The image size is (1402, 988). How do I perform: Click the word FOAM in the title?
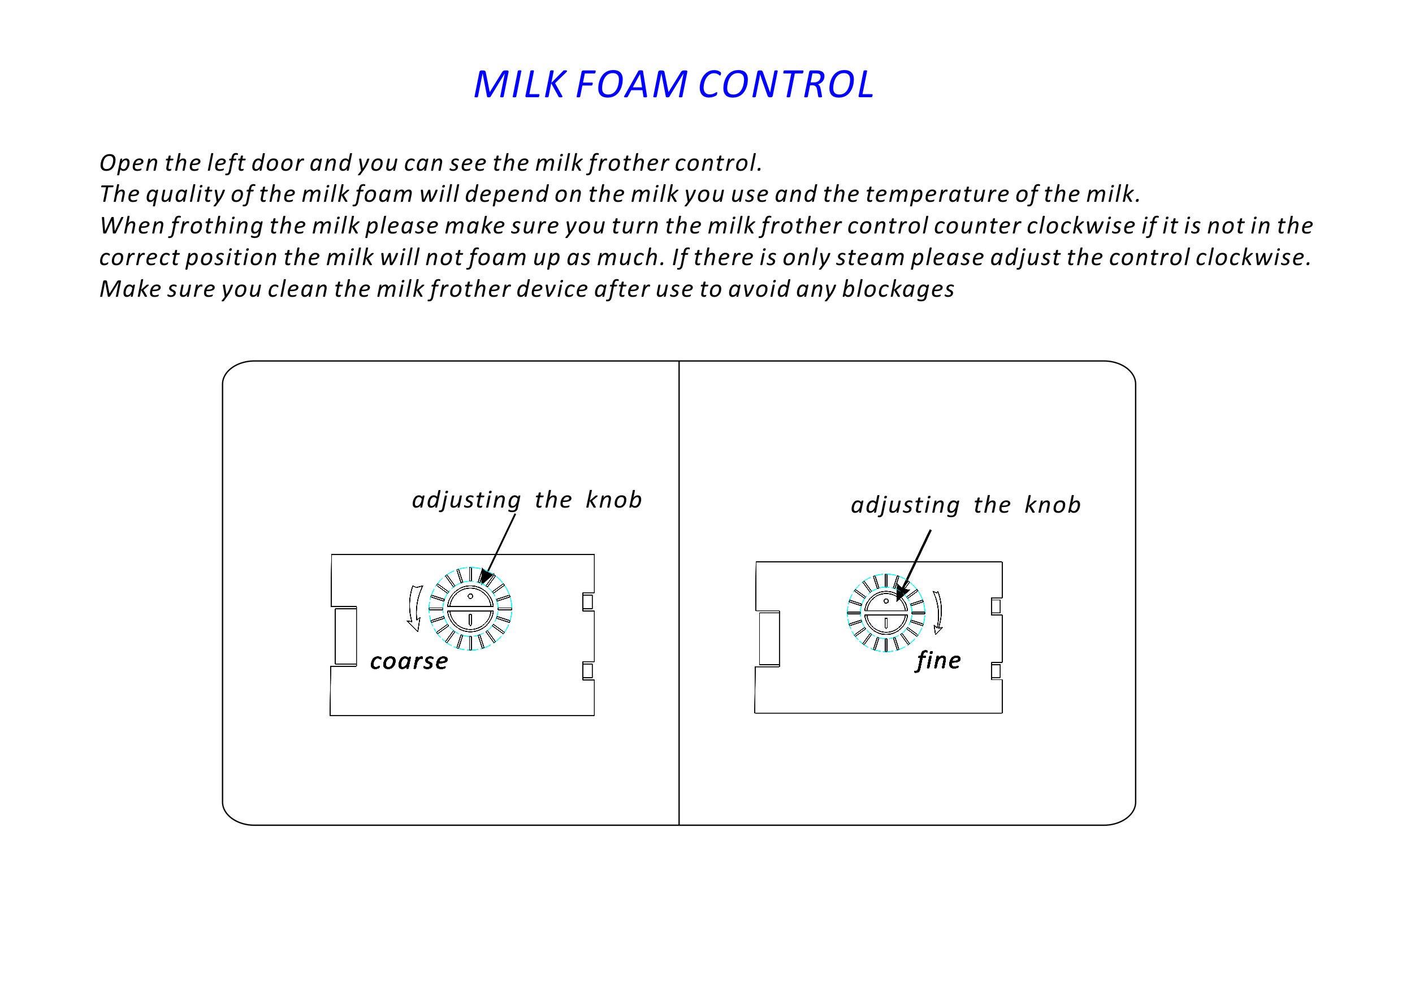tap(631, 84)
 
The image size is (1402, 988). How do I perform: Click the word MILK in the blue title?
tap(519, 84)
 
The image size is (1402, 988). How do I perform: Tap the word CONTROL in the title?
tap(786, 84)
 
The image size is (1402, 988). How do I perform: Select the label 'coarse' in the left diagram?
tap(409, 662)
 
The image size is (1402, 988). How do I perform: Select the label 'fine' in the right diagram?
tap(938, 661)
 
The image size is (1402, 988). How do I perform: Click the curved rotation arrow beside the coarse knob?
tap(415, 608)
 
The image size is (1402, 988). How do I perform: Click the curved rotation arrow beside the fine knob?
tap(938, 613)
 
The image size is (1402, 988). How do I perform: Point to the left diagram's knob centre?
tap(470, 609)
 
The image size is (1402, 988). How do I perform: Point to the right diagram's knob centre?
tap(886, 613)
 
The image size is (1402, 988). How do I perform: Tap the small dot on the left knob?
tap(470, 596)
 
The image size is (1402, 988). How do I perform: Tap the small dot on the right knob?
tap(886, 601)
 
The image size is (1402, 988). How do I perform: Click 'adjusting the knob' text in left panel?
tap(527, 500)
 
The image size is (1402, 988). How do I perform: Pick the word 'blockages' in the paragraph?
tap(898, 289)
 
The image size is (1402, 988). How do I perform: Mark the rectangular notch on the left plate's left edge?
tap(345, 636)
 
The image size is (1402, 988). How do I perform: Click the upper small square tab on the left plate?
tap(587, 602)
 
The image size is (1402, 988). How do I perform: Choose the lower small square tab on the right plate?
tap(996, 671)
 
